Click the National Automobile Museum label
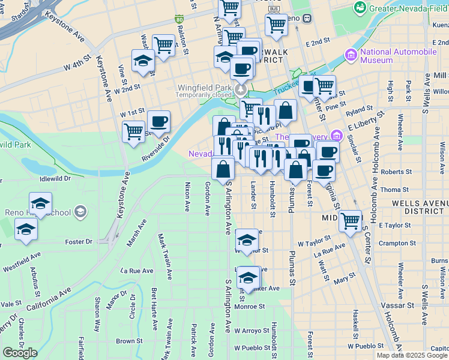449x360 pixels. click(x=398, y=56)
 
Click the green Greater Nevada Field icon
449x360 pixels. click(x=360, y=7)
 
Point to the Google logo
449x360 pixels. click(x=20, y=353)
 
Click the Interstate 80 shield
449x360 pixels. click(x=179, y=20)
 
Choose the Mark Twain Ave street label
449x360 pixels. click(x=161, y=252)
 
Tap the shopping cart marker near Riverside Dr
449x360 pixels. click(x=133, y=131)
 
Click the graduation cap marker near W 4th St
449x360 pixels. click(x=143, y=61)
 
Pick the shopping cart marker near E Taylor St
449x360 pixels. click(x=350, y=220)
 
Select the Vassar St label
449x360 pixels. click(x=394, y=305)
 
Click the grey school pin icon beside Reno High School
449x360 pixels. click(x=80, y=212)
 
